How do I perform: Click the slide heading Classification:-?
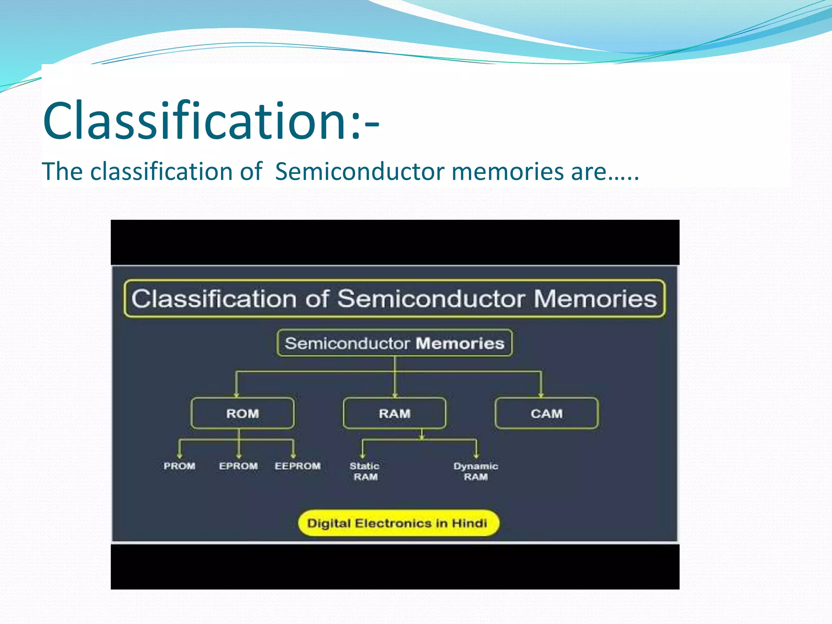[x=210, y=121]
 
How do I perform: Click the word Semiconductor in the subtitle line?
[x=360, y=171]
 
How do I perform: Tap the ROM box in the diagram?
[x=243, y=414]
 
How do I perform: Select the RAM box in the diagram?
[x=394, y=414]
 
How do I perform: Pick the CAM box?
[x=546, y=414]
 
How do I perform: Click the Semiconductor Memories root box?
[x=394, y=343]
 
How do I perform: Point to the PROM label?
[x=179, y=466]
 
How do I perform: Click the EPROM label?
[x=238, y=466]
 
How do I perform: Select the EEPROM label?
[x=297, y=466]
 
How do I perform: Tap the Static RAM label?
[x=365, y=471]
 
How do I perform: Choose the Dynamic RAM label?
[x=476, y=471]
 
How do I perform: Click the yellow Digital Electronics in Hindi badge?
[x=398, y=523]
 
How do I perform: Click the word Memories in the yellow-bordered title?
[x=595, y=299]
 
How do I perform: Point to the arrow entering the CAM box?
[x=541, y=390]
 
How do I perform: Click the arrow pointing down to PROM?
[x=180, y=451]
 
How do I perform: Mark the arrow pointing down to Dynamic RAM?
[x=476, y=451]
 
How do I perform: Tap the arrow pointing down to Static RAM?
[x=363, y=451]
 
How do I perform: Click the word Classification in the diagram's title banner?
[x=214, y=299]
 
